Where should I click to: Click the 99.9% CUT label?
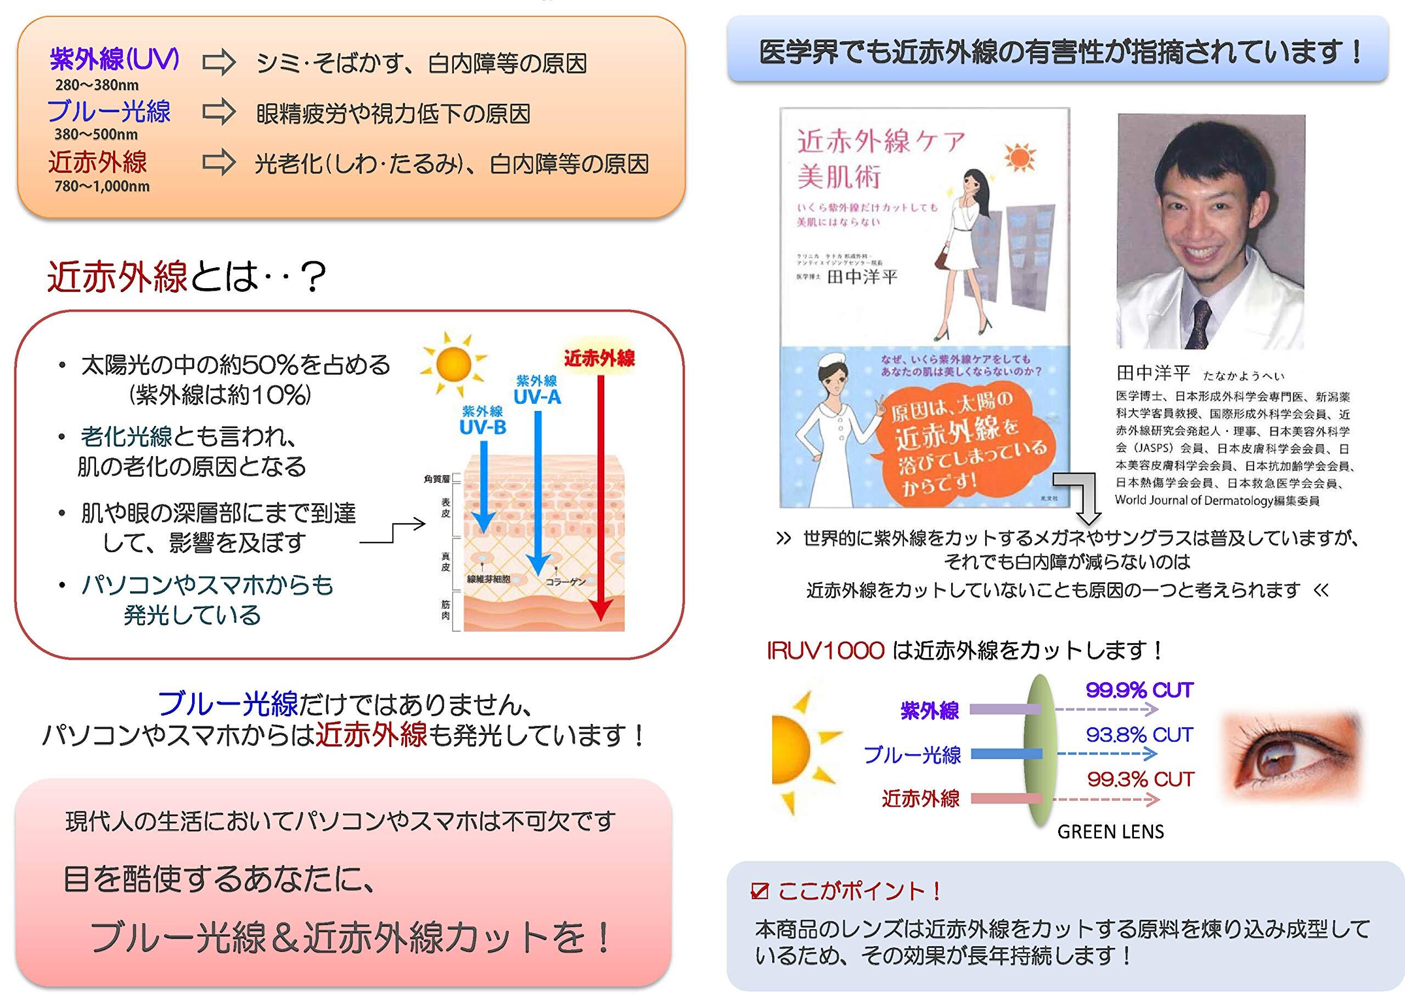1139,690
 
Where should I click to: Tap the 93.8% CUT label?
1139,735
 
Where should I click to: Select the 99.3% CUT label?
1140,779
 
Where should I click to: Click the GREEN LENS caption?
1110,831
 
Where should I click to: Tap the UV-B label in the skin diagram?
483,427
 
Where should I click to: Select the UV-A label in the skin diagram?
537,397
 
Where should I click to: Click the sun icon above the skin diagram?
453,364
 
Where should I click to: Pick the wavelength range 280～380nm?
97,85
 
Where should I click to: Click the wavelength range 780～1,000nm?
102,186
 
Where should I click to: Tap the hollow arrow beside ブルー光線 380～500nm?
219,113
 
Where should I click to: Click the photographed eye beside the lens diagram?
1287,758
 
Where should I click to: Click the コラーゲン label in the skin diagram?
565,581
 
